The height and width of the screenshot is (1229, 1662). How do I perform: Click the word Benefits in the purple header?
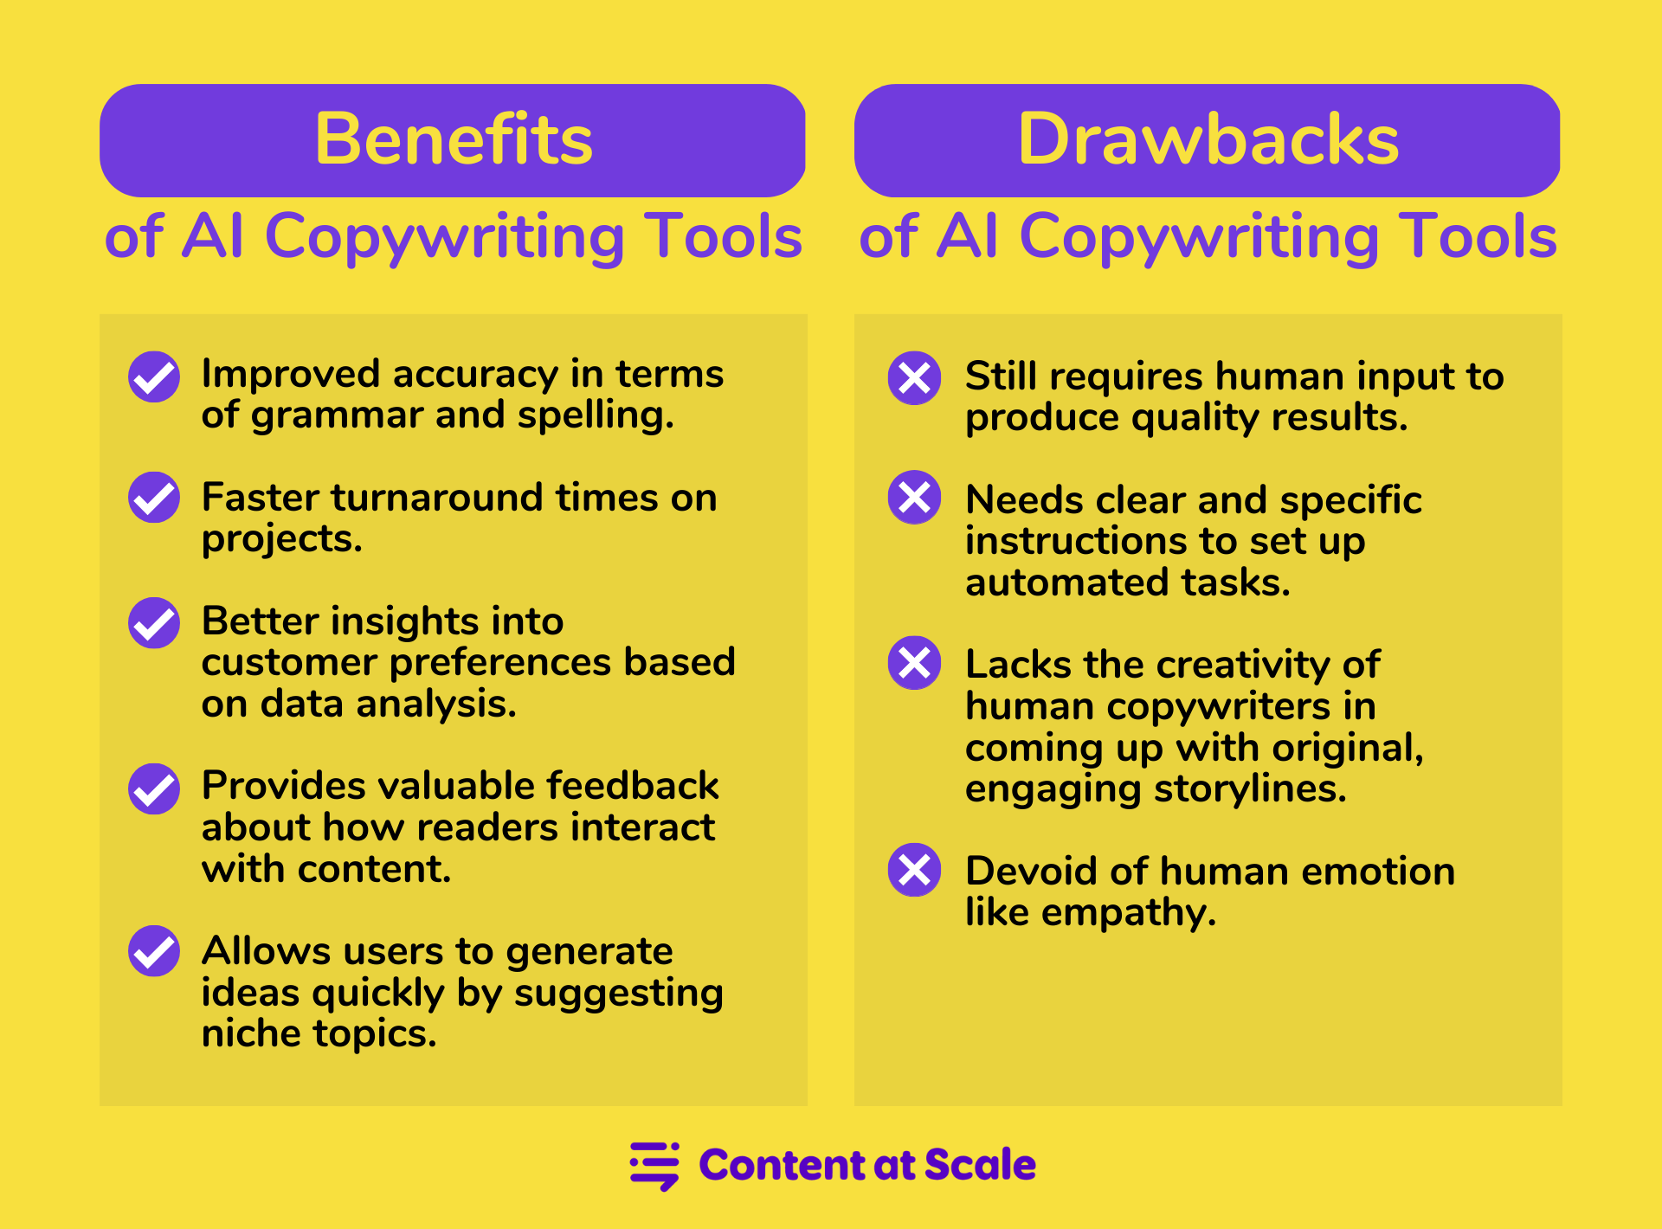click(x=454, y=139)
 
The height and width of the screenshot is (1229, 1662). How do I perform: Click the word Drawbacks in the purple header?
click(x=1208, y=139)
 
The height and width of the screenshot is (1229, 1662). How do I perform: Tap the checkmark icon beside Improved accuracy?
click(x=154, y=376)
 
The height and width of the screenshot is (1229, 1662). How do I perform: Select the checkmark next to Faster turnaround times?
click(x=154, y=497)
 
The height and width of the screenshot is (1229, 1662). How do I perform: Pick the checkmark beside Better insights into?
click(x=154, y=622)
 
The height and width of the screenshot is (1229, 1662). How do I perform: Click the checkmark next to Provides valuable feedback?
click(x=154, y=788)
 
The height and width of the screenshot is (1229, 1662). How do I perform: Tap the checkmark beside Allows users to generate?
click(x=154, y=951)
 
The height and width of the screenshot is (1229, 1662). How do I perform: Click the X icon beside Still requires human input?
click(x=914, y=377)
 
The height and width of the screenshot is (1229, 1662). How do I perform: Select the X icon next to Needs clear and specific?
click(x=914, y=497)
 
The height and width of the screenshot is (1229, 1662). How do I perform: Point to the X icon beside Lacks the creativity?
click(x=914, y=663)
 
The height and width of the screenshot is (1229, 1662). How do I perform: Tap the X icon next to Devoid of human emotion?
click(x=914, y=870)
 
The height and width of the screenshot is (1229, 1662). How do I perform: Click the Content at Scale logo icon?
click(x=654, y=1166)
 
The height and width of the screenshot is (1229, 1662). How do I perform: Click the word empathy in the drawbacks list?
click(x=1129, y=914)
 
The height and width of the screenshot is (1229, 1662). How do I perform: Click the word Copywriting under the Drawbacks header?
click(x=1198, y=237)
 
